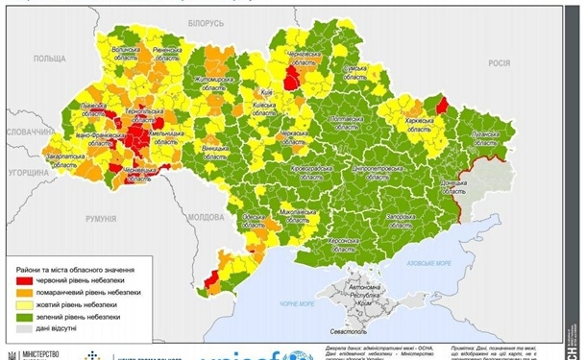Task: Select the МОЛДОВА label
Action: [x=206, y=217]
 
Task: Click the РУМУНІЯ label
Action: [x=100, y=219]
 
